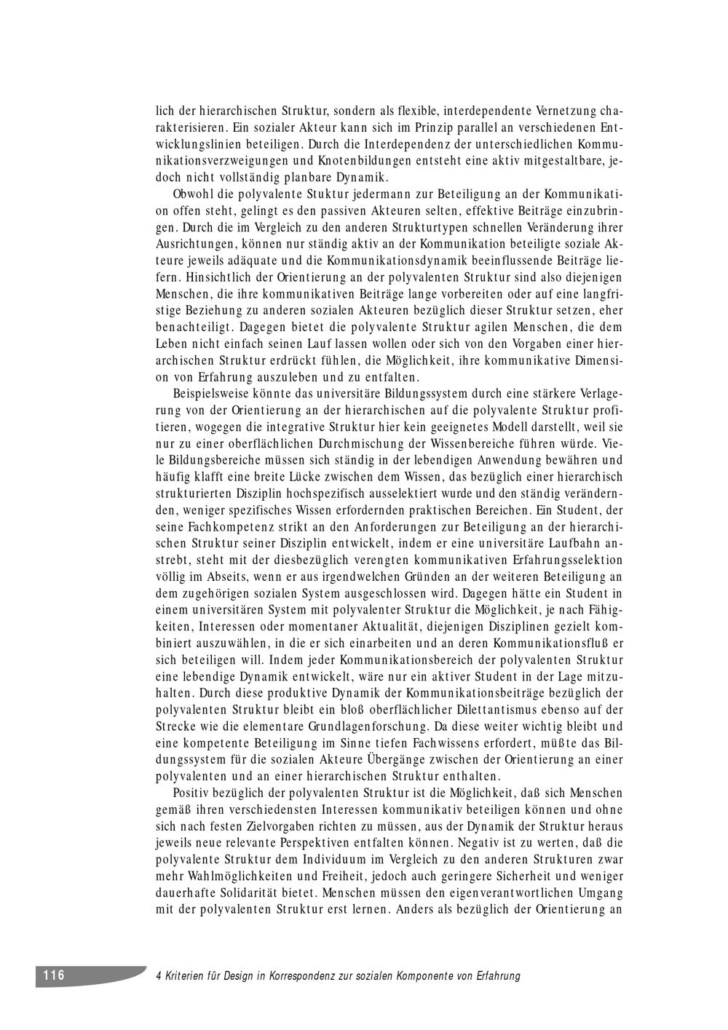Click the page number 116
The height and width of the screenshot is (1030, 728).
[x=53, y=975]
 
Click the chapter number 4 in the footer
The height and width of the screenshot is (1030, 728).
[x=159, y=976]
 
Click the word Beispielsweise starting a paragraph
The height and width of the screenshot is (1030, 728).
[x=214, y=394]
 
